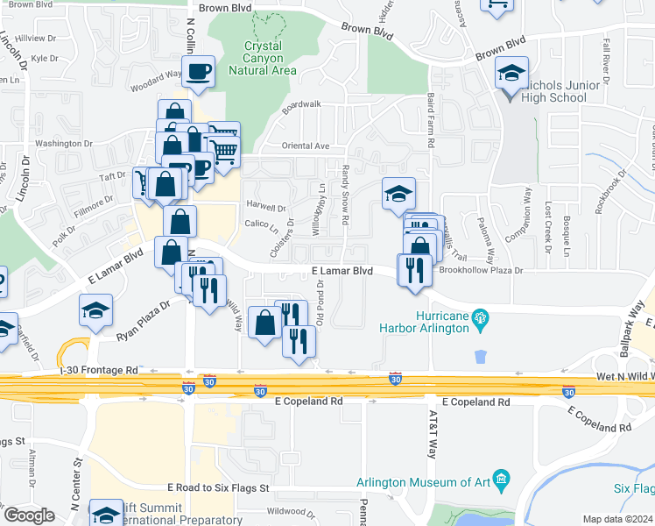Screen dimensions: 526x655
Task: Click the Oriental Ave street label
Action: point(305,146)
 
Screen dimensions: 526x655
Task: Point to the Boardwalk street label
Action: point(301,104)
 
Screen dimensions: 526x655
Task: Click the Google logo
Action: point(29,515)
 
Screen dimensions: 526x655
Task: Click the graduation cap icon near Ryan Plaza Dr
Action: point(95,309)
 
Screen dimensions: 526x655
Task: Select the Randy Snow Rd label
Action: point(345,195)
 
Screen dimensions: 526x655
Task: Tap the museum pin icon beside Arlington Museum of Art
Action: point(501,479)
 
